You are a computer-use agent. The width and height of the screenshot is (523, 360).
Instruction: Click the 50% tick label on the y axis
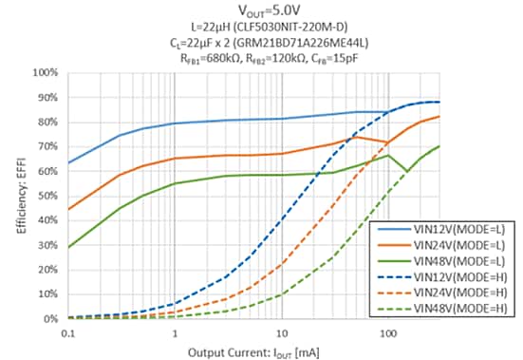tap(46, 196)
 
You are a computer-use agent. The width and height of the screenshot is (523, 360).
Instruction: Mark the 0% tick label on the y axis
tap(48, 319)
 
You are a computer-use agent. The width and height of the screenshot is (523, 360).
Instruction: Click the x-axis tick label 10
tap(281, 334)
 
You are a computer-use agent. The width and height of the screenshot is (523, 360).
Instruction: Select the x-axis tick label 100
tap(387, 334)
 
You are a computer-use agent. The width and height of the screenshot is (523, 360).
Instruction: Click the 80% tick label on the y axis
tap(46, 122)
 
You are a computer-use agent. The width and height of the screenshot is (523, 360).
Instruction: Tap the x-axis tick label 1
tap(175, 334)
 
